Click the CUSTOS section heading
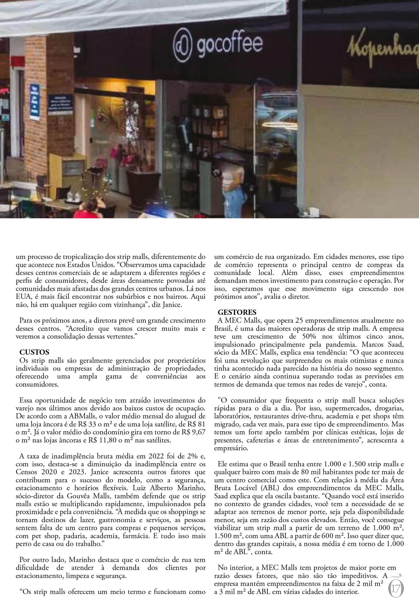[x=34, y=352]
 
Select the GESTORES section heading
[x=237, y=312]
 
